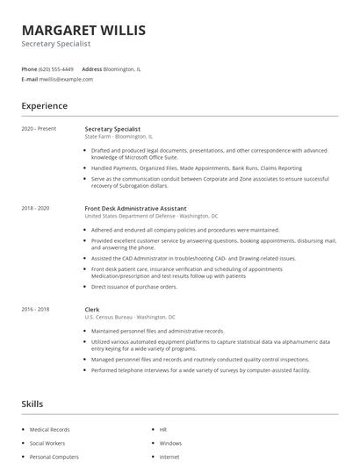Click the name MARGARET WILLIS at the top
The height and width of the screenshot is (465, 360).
coord(83,31)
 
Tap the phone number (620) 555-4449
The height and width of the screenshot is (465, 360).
coord(57,68)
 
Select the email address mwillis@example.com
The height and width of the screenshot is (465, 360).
coord(66,79)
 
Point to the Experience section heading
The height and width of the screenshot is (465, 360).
coord(44,106)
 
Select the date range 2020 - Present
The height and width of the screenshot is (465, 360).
coord(39,129)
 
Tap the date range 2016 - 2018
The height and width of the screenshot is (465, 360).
coord(35,309)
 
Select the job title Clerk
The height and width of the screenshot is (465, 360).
coord(92,309)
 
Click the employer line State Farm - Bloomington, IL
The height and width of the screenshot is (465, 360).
coord(119,137)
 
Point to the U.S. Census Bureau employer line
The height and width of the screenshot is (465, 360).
coord(130,317)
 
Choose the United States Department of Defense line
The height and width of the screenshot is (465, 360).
coord(151,216)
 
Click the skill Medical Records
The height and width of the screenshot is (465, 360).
coord(48,430)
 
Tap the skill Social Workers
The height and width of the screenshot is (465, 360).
coord(47,443)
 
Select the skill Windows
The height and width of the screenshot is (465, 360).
coord(171,443)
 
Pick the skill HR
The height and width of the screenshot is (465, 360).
coord(163,430)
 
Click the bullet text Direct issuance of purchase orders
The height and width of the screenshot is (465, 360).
coord(134,286)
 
